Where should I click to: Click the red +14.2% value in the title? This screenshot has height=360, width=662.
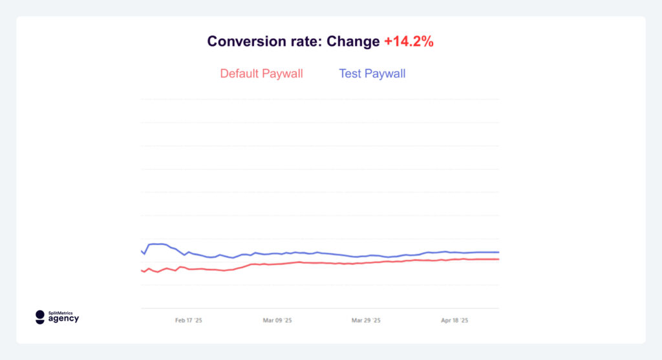coord(409,42)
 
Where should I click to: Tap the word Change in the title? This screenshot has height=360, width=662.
coord(353,42)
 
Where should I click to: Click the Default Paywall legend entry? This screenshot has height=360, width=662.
coord(261,74)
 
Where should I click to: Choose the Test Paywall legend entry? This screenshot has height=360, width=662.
coord(372,74)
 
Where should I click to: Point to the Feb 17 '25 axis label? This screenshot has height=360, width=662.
coord(189,320)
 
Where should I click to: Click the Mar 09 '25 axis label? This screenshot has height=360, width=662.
coord(277,320)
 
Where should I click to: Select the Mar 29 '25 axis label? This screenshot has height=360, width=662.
coord(366,320)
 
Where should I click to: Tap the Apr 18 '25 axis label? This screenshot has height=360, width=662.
coord(454,320)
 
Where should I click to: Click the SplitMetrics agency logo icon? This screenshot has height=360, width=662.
coord(40,317)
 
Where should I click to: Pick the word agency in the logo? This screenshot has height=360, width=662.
coord(63,319)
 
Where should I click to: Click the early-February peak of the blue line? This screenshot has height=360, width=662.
coord(157,244)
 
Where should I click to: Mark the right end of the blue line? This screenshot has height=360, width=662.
coord(498,252)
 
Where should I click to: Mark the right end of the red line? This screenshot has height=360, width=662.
coord(498,259)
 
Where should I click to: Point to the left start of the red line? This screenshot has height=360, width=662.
coord(142,270)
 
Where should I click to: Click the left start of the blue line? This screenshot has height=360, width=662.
coord(142,251)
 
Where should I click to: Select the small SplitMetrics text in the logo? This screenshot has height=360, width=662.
coord(61,313)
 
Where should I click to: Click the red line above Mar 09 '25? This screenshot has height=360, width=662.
coord(277,264)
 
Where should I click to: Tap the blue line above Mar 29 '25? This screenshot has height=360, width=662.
coord(366,256)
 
